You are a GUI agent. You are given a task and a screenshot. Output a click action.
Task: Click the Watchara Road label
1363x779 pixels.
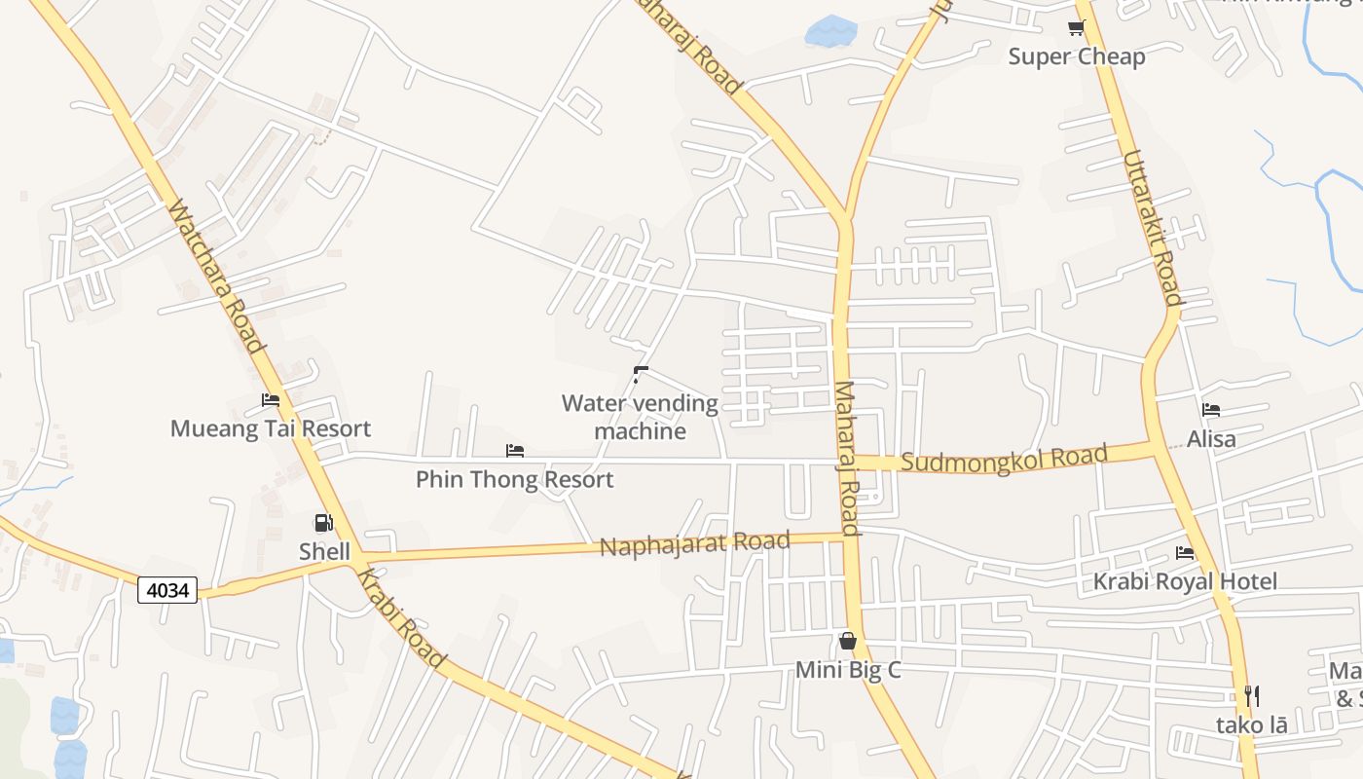pos(216,277)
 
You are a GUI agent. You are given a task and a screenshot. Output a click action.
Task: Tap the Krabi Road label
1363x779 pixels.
pos(401,618)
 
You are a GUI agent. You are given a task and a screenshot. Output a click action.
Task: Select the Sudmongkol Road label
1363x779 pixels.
pos(1005,458)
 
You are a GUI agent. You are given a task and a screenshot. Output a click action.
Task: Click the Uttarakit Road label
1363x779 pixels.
pos(1152,227)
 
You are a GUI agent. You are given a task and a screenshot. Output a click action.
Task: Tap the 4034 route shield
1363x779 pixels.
pos(167,589)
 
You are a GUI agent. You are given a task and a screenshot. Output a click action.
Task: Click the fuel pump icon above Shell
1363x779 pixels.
pos(324,524)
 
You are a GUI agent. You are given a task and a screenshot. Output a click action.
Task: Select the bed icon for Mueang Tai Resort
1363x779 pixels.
pos(271,400)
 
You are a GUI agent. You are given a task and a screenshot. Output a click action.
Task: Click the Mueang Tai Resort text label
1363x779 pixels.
pos(271,428)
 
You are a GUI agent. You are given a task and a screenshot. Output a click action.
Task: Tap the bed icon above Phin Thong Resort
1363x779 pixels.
pos(515,451)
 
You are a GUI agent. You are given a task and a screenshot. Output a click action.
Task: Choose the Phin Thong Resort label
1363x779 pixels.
pos(515,479)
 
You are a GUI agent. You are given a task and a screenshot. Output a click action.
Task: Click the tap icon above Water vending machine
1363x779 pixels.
pos(640,375)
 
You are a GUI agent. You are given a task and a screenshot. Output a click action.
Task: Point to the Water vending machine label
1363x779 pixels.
pos(640,417)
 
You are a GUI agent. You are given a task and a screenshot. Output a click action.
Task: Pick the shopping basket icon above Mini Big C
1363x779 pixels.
pos(848,641)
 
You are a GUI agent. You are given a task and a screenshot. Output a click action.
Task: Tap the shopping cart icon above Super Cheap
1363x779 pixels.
pos(1076,28)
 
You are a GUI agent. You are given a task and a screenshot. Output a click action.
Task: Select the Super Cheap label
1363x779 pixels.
pos(1077,56)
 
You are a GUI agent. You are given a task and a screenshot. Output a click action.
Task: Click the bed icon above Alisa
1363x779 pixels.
pos(1211,410)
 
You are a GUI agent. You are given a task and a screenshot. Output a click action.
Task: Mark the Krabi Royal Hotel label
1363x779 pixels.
pos(1185,581)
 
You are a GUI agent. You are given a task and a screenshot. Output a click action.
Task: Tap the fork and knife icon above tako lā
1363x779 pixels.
pos(1252,696)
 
